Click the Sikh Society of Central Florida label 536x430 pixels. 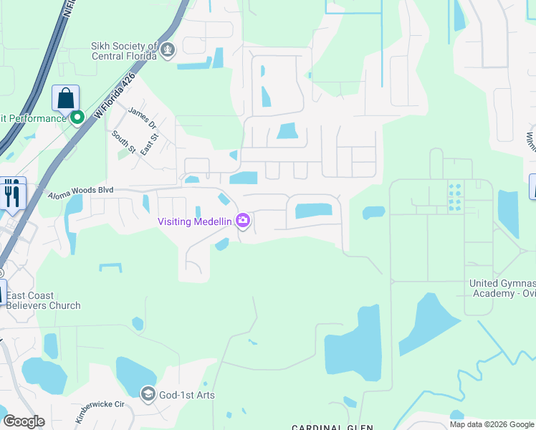tap(124, 50)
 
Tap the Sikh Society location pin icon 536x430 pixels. tap(168, 50)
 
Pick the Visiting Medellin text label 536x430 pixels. tap(194, 221)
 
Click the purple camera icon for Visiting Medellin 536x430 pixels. tap(243, 221)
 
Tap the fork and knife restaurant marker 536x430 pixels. tap(12, 193)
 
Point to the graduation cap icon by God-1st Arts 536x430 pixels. tap(148, 393)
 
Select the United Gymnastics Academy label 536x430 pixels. tap(502, 288)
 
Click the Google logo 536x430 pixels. tap(24, 421)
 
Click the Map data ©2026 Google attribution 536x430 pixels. tap(491, 424)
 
